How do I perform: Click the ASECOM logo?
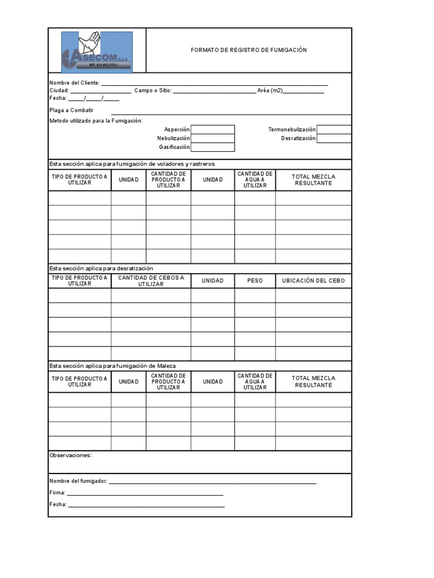pos(97,52)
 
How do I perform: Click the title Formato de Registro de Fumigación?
pos(249,50)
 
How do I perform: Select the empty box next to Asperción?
pos(212,129)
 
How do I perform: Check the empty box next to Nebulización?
pos(212,138)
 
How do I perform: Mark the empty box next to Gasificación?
pos(212,147)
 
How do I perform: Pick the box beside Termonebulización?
pos(334,129)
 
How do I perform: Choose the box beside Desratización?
pos(334,138)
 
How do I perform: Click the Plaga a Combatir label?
pos(71,110)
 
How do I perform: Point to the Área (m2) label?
pos(270,90)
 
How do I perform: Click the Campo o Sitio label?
pos(153,90)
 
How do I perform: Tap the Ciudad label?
pos(59,90)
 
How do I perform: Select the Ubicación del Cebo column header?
pos(313,281)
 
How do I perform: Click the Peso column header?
pos(255,281)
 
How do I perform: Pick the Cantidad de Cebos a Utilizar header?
pos(151,281)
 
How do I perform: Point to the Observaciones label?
pos(70,455)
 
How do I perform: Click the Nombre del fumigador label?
pos(78,481)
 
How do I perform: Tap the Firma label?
pos(57,493)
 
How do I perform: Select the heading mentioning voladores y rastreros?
pos(132,164)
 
